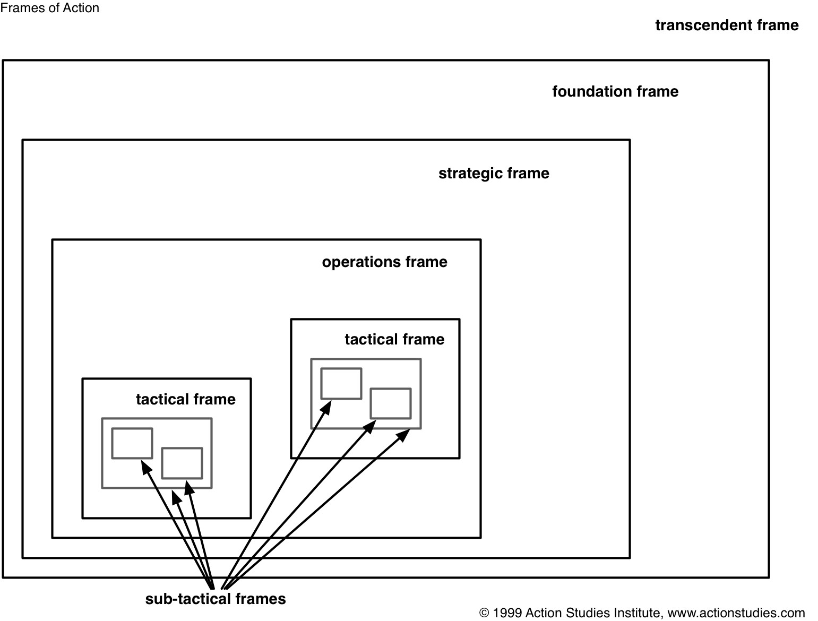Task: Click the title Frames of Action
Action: (x=49, y=8)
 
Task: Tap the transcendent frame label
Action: (x=727, y=25)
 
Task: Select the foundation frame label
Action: (x=615, y=92)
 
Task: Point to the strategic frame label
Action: (x=494, y=174)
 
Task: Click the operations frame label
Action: (x=385, y=262)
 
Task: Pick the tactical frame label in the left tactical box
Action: (x=186, y=399)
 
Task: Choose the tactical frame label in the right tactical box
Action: (x=394, y=339)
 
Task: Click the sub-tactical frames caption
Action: (x=216, y=599)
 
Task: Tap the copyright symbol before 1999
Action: (x=484, y=613)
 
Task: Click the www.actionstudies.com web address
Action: (x=736, y=613)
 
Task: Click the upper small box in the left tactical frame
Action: (x=132, y=428)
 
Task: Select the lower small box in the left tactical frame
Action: (x=182, y=448)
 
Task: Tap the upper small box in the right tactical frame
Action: (x=341, y=369)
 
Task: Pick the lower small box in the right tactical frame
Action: (x=391, y=389)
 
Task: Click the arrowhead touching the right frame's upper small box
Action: (x=326, y=407)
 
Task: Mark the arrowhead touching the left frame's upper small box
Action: (x=146, y=467)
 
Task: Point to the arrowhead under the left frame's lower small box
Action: (x=190, y=488)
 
